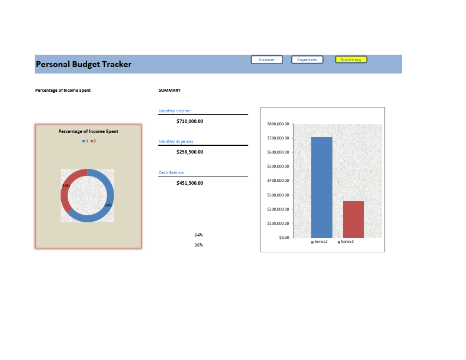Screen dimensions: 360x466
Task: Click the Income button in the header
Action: tap(267, 59)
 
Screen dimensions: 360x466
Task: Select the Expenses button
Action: tap(307, 59)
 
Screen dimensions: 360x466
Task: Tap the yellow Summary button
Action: tap(351, 59)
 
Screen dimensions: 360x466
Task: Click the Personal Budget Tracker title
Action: tap(84, 64)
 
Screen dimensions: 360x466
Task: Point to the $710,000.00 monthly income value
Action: tap(189, 121)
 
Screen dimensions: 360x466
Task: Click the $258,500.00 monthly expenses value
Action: tap(189, 152)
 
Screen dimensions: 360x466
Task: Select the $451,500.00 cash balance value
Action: tap(189, 183)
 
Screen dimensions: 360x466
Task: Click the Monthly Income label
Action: tap(175, 111)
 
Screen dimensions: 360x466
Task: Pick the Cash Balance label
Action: tap(171, 173)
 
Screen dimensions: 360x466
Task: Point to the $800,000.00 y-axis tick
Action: tap(278, 124)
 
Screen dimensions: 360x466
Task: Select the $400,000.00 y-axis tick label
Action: tap(278, 181)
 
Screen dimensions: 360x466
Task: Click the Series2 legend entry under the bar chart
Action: tap(345, 242)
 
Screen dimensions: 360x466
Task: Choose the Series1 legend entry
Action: tap(319, 242)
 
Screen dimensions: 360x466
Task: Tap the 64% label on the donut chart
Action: tap(108, 205)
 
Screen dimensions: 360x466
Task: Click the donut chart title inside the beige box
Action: tap(88, 131)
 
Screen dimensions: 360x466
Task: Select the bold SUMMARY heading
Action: tap(169, 91)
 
